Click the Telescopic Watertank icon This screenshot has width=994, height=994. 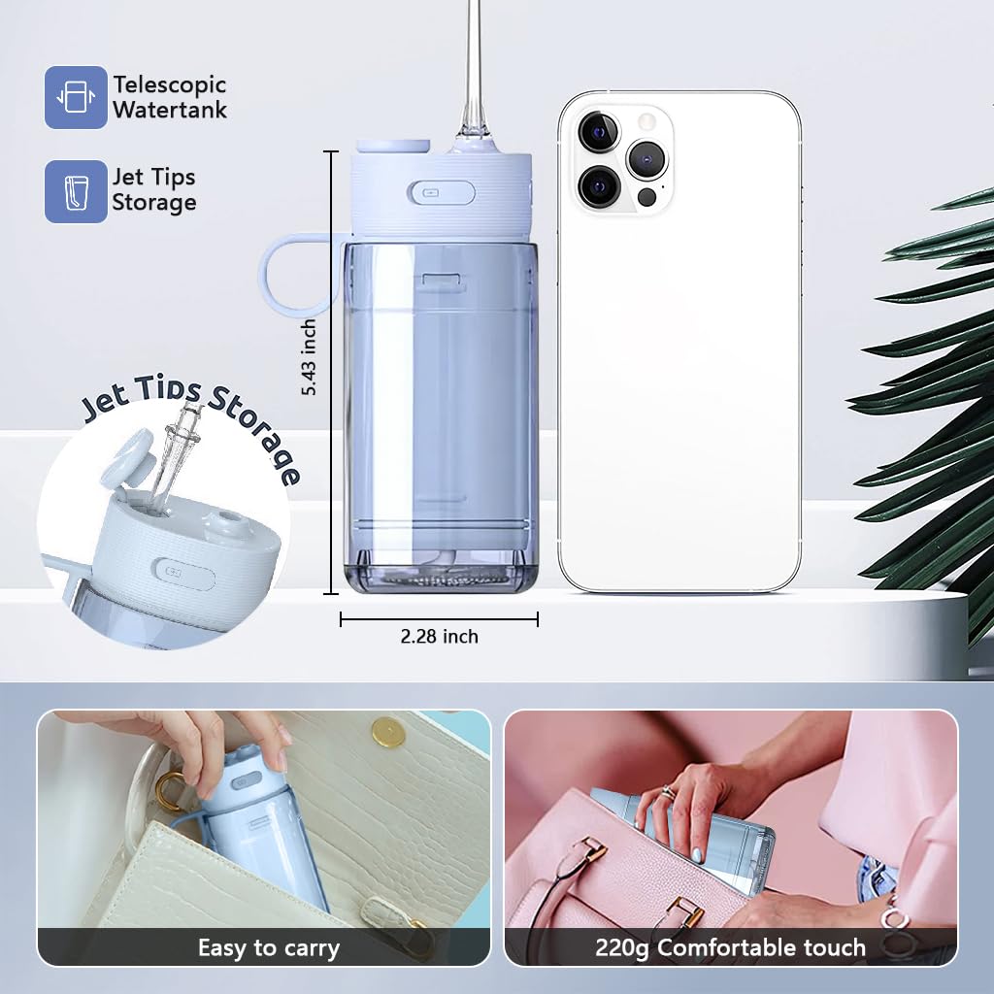pos(76,97)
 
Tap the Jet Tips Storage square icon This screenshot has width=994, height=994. pos(76,191)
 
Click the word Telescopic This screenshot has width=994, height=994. pos(170,85)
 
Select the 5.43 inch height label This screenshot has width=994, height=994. pos(309,357)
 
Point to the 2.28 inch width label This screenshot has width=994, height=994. pos(440,636)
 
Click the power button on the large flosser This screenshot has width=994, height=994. pos(442,193)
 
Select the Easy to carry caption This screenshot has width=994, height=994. pos(269,948)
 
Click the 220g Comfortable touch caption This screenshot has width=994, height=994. pos(730,947)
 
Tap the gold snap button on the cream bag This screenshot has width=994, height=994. pos(389,734)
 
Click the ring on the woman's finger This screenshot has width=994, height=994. pos(668,792)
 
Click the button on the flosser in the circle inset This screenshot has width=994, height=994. pos(183,575)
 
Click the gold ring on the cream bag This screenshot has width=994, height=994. pos(167,792)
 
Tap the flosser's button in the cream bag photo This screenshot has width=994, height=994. pos(246,781)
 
